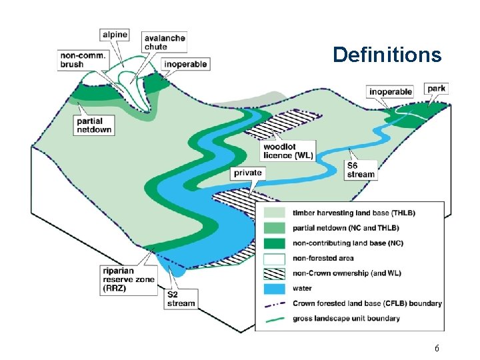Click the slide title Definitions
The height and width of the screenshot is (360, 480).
[x=387, y=54]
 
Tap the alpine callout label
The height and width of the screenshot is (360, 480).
[x=114, y=35]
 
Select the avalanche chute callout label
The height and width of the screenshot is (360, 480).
[x=163, y=43]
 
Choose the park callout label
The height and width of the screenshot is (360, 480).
[x=437, y=88]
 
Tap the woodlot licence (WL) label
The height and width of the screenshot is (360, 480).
[x=288, y=151]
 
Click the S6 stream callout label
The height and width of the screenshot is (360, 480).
[x=361, y=170]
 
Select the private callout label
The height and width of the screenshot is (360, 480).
[x=247, y=173]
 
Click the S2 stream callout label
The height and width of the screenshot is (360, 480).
[x=181, y=299]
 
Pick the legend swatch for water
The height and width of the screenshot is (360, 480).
[x=275, y=289]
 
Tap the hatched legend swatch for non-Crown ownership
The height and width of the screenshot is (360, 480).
[x=275, y=273]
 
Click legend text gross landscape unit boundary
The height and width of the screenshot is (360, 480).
[x=347, y=319]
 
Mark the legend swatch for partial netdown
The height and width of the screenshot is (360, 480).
[x=275, y=228]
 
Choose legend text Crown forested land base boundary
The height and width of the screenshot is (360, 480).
[x=367, y=303]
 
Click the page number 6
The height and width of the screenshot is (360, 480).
[x=437, y=349]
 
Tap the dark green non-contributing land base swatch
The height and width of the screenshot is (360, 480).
[x=275, y=243]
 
